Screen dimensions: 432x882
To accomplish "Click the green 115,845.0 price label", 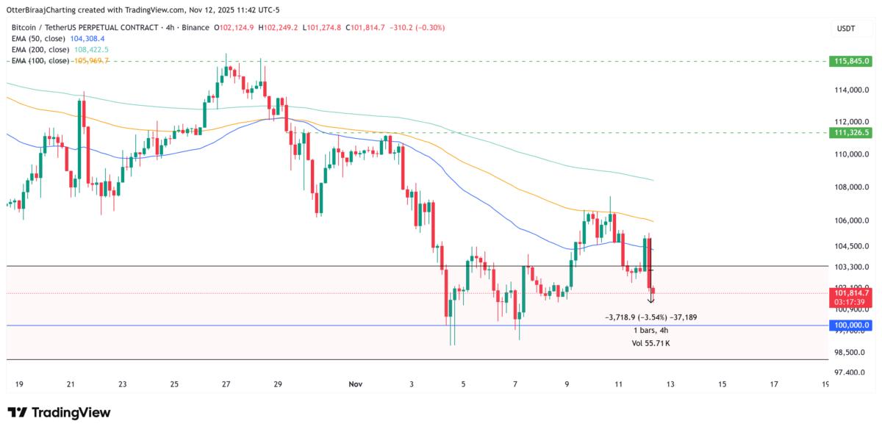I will (x=849, y=60).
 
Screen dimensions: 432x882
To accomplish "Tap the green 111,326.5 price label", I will (x=849, y=132).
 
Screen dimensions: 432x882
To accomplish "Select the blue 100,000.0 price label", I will (x=849, y=325).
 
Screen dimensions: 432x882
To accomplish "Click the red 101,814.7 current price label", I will (x=849, y=293).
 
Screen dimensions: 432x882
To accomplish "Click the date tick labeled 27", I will (x=226, y=384).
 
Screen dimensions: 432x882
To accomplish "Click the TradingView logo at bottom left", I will (x=59, y=413).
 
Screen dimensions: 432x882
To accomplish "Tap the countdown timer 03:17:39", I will (x=849, y=302).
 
